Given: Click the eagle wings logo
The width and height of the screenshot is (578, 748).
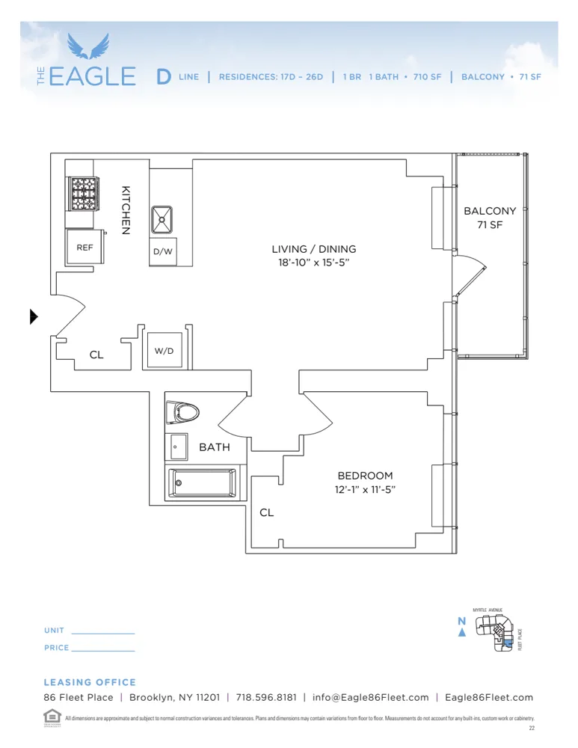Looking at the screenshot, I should pyautogui.click(x=88, y=46).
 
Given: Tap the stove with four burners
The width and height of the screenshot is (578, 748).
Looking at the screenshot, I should pyautogui.click(x=84, y=194).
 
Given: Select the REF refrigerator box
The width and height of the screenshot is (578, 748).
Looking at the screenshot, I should pyautogui.click(x=84, y=248).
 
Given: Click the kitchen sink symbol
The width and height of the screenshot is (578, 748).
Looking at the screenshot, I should pyautogui.click(x=164, y=219).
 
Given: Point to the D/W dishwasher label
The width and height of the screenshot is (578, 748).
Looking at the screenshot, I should pyautogui.click(x=163, y=252).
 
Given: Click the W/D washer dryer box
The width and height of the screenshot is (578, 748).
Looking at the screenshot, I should pyautogui.click(x=164, y=350).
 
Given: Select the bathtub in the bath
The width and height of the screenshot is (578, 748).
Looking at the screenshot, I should pyautogui.click(x=202, y=482).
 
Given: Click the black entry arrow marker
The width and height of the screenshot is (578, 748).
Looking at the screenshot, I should pyautogui.click(x=33, y=316).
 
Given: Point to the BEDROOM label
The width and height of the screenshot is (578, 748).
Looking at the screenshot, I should pyautogui.click(x=364, y=476).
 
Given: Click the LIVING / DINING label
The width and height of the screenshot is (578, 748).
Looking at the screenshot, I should pyautogui.click(x=313, y=249).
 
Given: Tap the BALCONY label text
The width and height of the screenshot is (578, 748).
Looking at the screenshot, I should pyautogui.click(x=490, y=211).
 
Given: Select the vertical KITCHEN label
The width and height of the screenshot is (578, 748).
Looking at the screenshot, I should pyautogui.click(x=126, y=210).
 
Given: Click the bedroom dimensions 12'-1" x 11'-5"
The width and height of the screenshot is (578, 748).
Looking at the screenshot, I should pyautogui.click(x=364, y=490).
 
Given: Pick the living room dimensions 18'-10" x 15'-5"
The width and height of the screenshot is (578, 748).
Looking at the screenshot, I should pyautogui.click(x=313, y=263).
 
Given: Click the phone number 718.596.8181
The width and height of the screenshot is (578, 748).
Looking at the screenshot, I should pyautogui.click(x=265, y=697).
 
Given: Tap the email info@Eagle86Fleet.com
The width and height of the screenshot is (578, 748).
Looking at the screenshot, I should pyautogui.click(x=371, y=697).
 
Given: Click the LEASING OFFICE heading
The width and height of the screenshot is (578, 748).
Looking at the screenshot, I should pyautogui.click(x=90, y=682).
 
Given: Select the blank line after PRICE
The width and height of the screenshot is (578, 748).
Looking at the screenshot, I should pyautogui.click(x=102, y=649).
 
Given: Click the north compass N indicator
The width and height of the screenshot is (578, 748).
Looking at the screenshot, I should pyautogui.click(x=461, y=622).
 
